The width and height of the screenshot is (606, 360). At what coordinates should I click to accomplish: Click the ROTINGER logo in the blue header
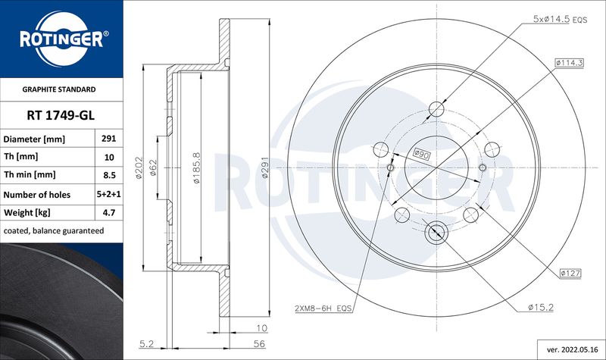point(62,39)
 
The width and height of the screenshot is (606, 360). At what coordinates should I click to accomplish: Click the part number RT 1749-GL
point(61,115)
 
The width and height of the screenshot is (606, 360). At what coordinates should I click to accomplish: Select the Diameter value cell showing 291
point(108,138)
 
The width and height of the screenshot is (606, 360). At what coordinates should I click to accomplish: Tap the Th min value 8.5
point(109,175)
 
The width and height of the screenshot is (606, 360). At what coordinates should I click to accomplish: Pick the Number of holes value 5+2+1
point(108,194)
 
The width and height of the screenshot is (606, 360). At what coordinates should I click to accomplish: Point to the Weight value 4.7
point(109,212)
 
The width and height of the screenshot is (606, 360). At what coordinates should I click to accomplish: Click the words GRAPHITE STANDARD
point(59,89)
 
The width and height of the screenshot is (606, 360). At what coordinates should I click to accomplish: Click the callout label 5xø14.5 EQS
point(560,19)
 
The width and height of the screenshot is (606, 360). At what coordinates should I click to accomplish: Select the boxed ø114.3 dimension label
point(570,63)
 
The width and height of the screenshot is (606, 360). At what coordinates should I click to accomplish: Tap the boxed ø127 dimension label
point(570,273)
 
